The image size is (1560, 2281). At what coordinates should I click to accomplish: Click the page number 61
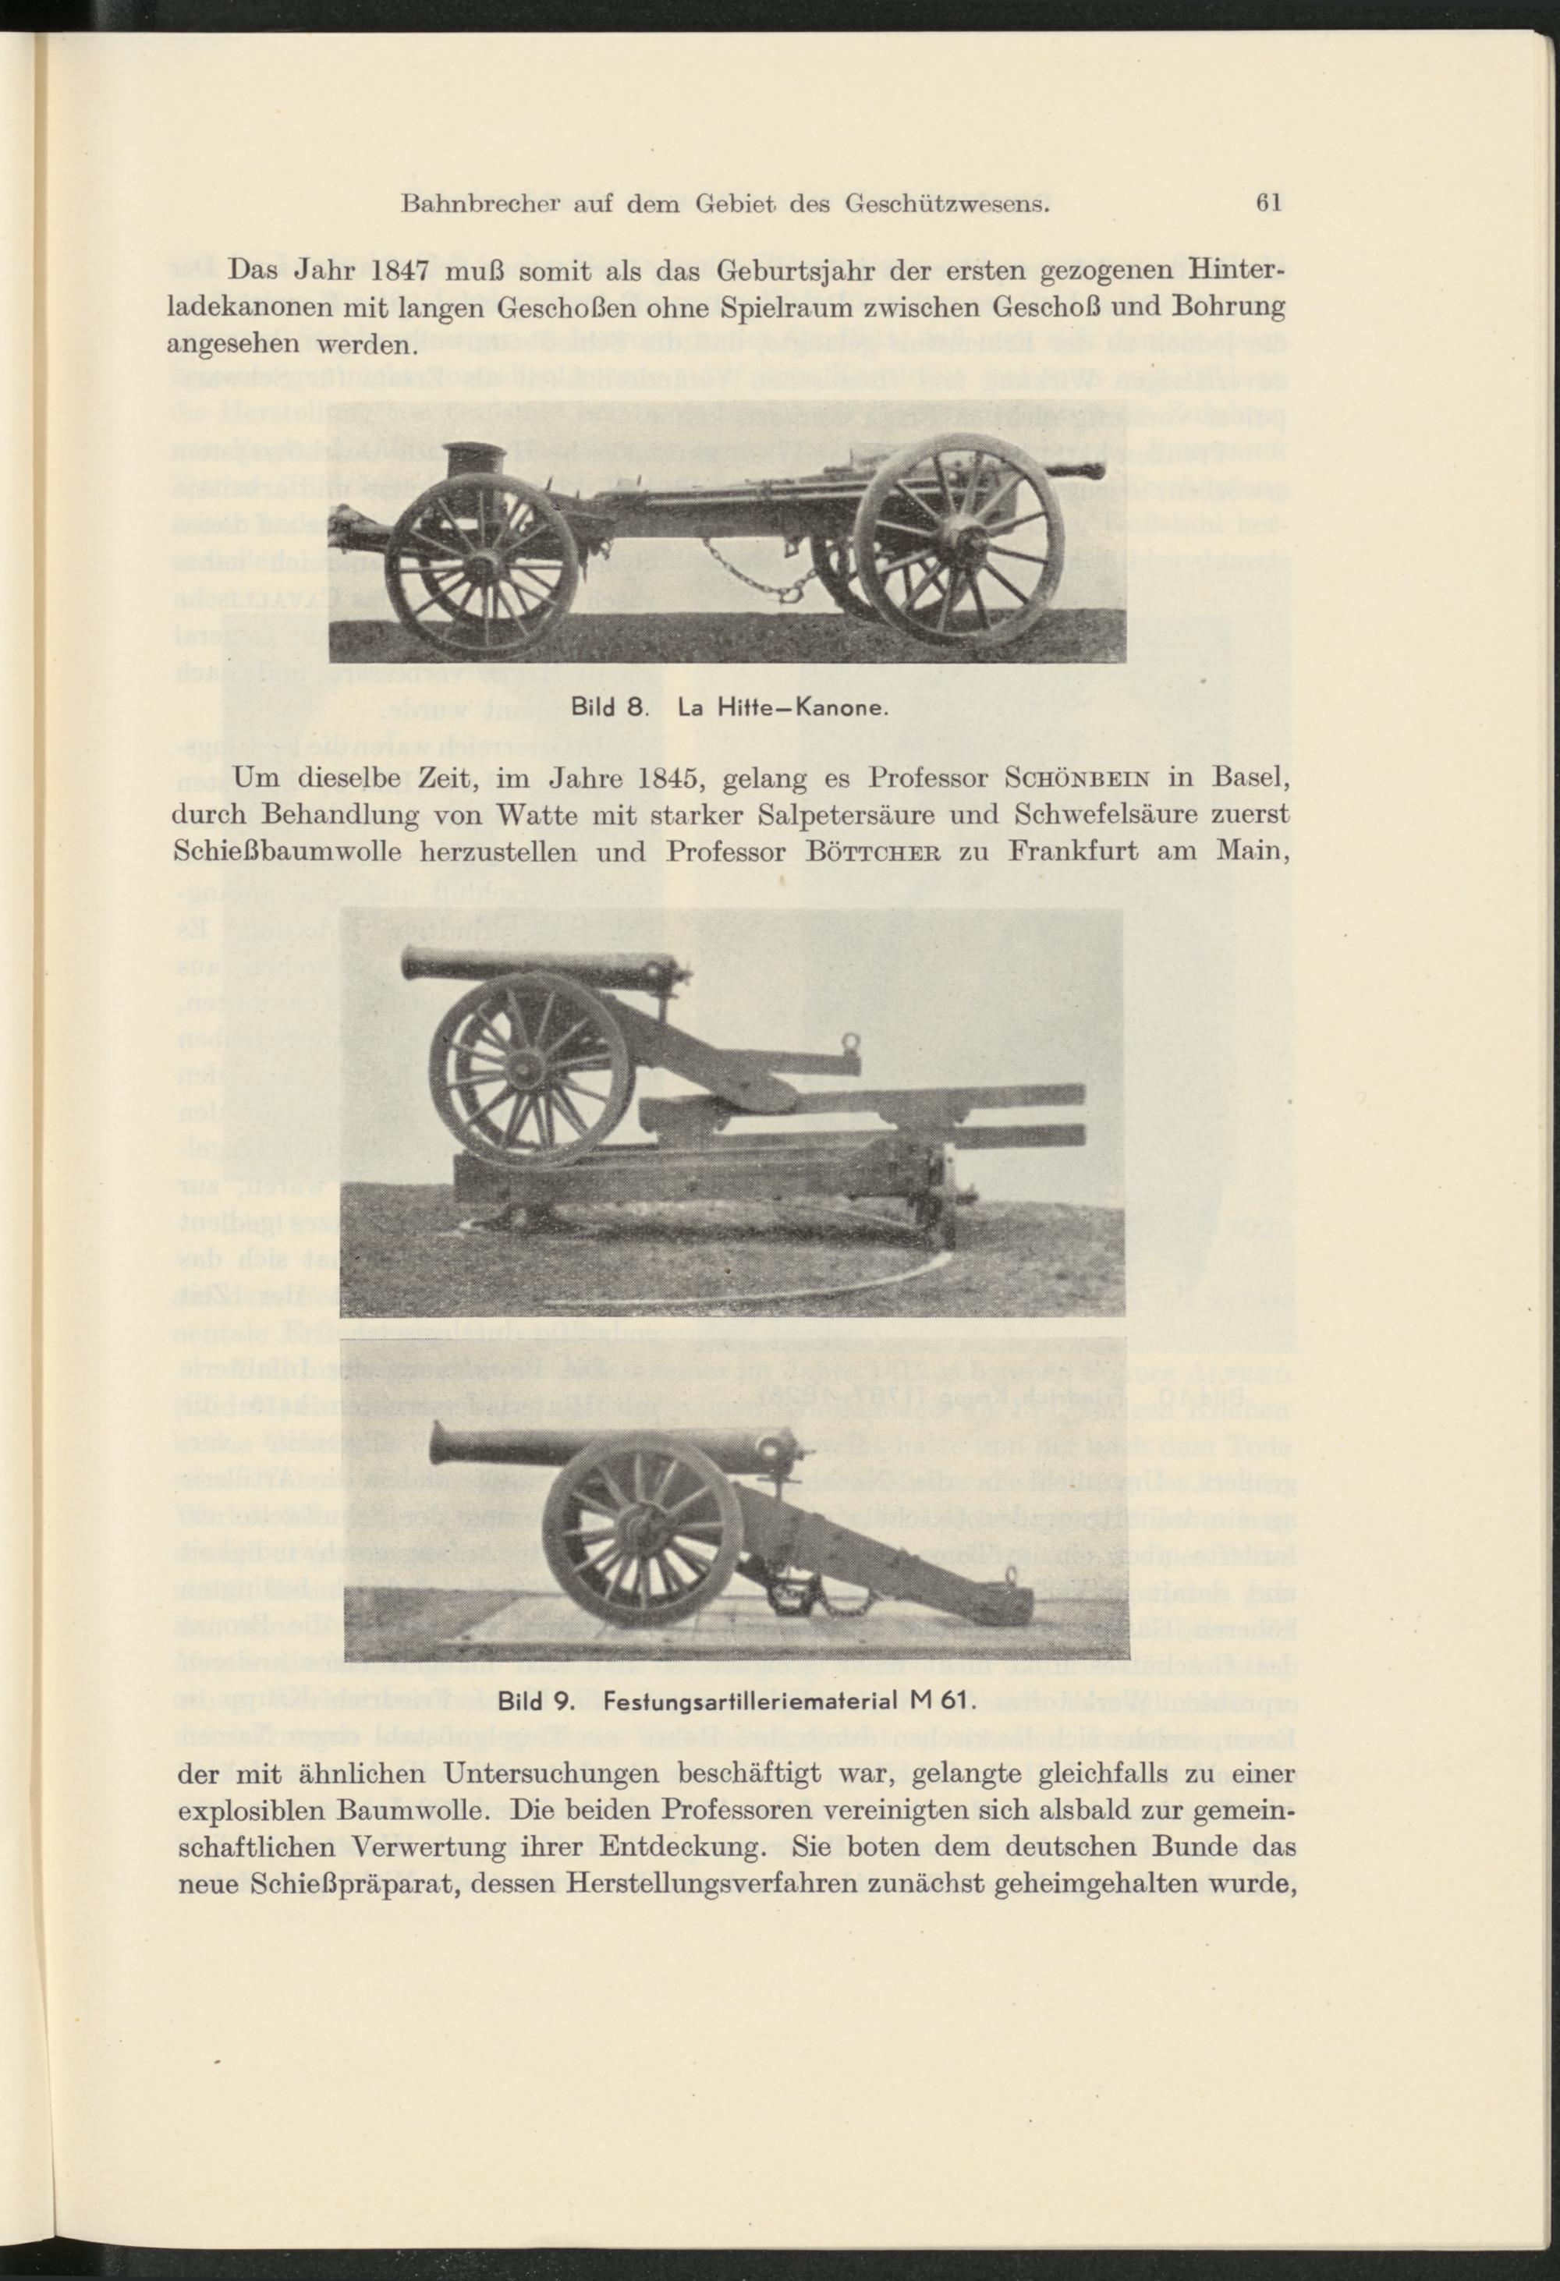coord(1269,204)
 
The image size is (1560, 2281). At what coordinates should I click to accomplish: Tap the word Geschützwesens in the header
coord(948,205)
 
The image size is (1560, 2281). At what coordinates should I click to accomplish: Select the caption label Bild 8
coord(606,706)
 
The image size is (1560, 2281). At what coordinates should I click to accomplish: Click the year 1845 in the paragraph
coord(656,779)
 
